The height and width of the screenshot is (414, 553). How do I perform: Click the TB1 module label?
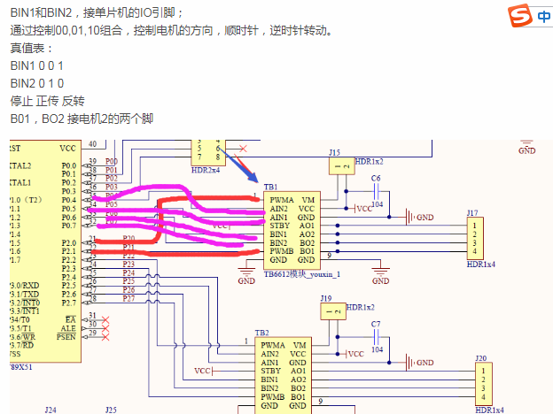pos(269,188)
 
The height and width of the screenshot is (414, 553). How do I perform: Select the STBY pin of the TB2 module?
pos(270,371)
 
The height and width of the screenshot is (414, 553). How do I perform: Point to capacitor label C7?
pos(376,324)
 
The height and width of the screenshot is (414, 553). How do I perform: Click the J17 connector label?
pos(472,212)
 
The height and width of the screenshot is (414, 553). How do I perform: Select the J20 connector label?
pos(480,358)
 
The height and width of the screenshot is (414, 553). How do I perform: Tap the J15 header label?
pos(334,152)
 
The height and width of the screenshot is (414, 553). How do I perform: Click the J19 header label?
pos(326,298)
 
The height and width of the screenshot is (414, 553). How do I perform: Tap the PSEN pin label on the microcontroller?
pos(66,336)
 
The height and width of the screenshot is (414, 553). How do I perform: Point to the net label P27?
pos(129,299)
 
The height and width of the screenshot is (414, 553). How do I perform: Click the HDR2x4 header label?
pos(206,168)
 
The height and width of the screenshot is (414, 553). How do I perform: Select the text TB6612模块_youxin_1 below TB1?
pos(302,274)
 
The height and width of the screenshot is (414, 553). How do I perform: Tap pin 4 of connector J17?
pos(476,250)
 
